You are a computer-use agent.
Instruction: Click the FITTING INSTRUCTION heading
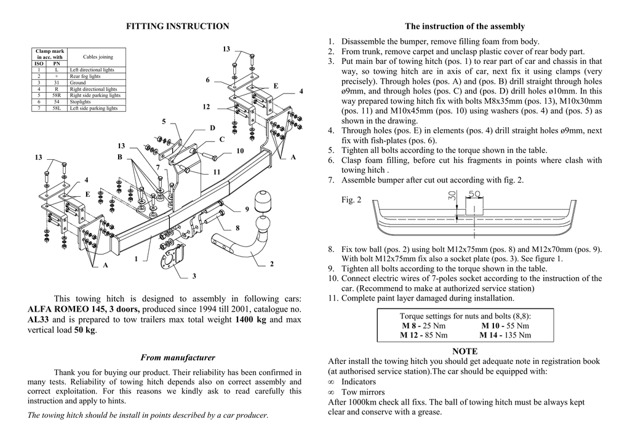[x=177, y=26]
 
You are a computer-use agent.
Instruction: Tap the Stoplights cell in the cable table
[x=81, y=102]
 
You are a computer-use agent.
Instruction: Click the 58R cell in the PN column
[x=56, y=95]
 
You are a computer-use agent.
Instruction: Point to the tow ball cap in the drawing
[x=265, y=202]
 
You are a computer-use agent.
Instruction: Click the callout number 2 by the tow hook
[x=271, y=264]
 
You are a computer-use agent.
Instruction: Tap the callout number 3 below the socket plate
[x=194, y=277]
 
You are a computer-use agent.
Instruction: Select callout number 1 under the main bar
[x=136, y=259]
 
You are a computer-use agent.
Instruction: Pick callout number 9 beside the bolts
[x=247, y=209]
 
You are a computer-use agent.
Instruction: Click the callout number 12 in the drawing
[x=206, y=107]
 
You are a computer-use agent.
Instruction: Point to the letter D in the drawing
[x=212, y=128]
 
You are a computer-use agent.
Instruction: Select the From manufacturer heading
[x=178, y=357]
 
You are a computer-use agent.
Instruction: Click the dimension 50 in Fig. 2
[x=474, y=194]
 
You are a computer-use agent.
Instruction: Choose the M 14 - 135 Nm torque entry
[x=504, y=335]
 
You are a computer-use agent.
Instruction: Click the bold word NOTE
[x=465, y=351]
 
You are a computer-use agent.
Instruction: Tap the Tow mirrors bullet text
[x=363, y=392]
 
